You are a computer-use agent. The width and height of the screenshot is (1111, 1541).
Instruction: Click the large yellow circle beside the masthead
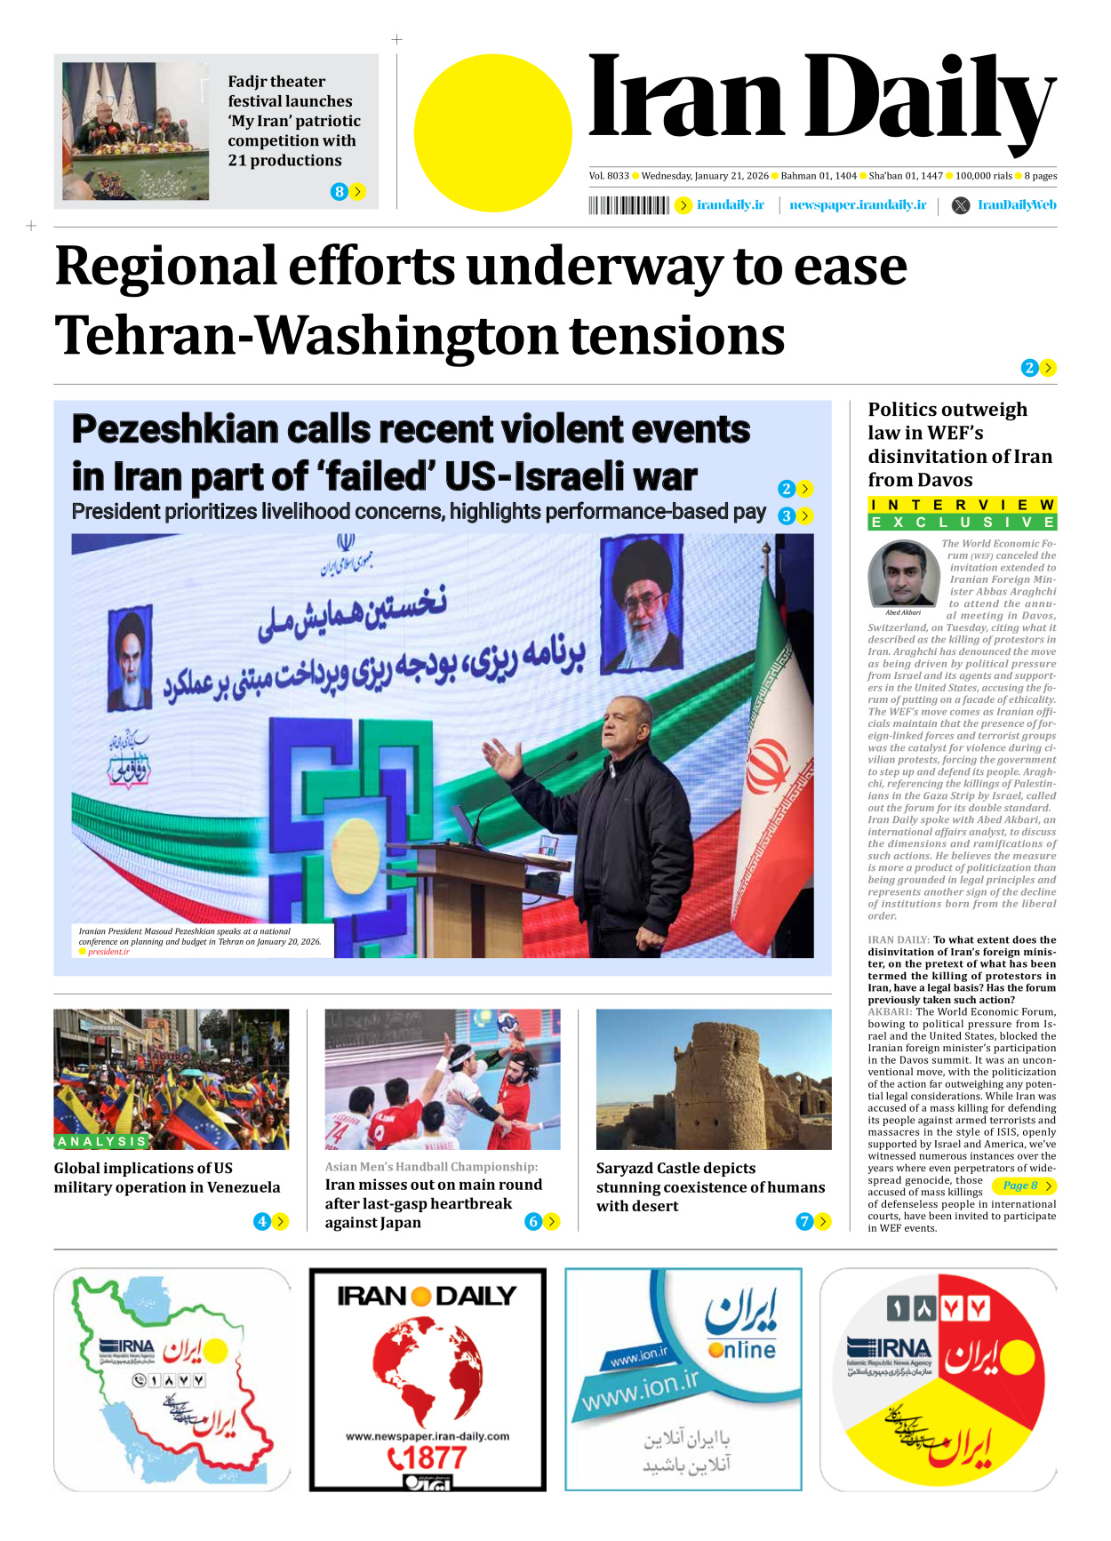point(492,133)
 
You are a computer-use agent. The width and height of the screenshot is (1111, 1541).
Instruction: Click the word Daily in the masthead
point(928,100)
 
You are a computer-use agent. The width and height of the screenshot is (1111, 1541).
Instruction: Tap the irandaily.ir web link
point(730,205)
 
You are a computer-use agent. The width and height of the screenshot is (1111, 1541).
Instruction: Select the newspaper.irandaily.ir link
point(858,205)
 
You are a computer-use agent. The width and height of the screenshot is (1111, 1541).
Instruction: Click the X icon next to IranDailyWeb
point(961,205)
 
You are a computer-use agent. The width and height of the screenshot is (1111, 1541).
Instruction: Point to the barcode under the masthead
point(628,205)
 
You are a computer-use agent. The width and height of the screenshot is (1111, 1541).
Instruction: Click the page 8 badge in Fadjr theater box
point(339,191)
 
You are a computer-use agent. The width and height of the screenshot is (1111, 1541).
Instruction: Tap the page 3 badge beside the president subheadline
point(786,515)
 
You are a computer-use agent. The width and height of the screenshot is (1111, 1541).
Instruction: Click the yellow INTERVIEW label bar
point(962,505)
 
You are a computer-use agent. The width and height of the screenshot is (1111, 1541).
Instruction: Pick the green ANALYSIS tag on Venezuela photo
point(101,1141)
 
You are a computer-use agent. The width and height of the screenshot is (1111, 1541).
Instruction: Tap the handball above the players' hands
point(508,1022)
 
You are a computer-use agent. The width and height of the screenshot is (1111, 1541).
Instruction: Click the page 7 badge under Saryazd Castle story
point(803,1221)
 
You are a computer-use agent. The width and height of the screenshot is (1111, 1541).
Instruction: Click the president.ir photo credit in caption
point(108,952)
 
